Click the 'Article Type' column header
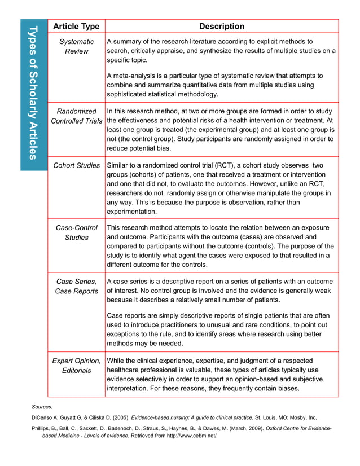click(x=76, y=27)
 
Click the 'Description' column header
click(x=222, y=27)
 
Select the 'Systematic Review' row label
click(x=76, y=47)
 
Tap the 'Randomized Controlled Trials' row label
click(x=76, y=116)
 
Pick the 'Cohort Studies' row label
click(x=76, y=165)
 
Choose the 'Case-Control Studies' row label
click(x=76, y=232)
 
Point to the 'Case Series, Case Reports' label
click(x=76, y=286)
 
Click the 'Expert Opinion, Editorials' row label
click(x=76, y=365)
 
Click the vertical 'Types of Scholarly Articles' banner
click(x=33, y=93)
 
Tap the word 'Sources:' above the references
click(x=42, y=406)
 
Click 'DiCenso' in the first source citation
click(x=42, y=418)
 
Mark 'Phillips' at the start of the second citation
click(x=42, y=429)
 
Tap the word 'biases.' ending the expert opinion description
click(x=287, y=389)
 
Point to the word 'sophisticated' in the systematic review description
click(x=129, y=94)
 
